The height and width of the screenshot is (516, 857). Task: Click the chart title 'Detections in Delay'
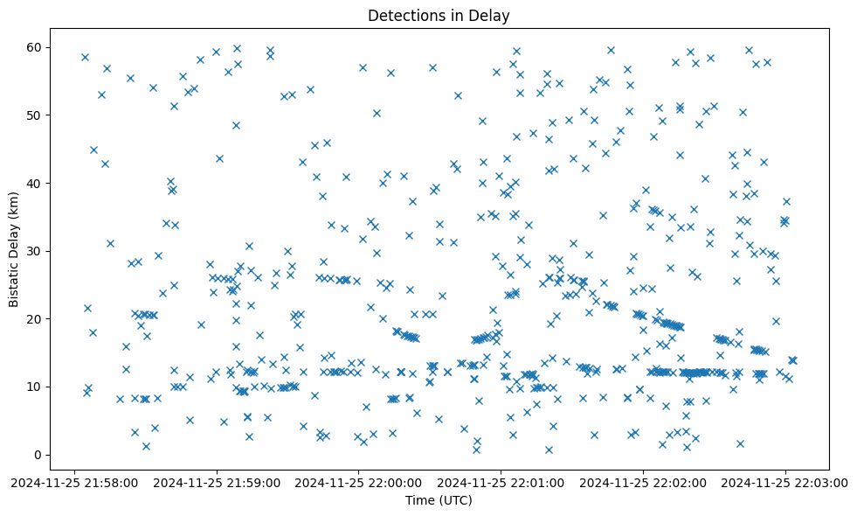coord(439,16)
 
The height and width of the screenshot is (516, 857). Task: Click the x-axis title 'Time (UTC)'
coord(439,500)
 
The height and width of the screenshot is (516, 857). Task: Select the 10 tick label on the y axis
coord(36,387)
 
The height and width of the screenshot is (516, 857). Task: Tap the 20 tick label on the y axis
coord(36,319)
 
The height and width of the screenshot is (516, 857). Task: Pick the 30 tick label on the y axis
coord(36,251)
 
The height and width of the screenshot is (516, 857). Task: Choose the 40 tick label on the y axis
coord(36,183)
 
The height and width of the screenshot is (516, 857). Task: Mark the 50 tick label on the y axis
coord(36,115)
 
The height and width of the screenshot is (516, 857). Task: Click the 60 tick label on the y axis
coord(36,47)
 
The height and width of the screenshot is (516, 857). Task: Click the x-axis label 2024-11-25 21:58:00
coord(75,482)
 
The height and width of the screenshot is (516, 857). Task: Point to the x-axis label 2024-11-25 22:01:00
coord(501,482)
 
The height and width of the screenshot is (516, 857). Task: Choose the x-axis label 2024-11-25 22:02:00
coord(644,482)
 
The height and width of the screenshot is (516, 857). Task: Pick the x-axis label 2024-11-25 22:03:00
coord(785,482)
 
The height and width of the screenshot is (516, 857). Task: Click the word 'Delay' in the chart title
coord(491,16)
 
